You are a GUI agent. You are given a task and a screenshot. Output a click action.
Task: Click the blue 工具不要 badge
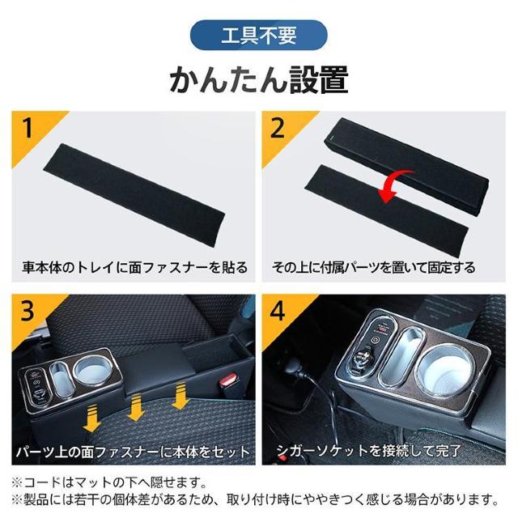click(x=259, y=35)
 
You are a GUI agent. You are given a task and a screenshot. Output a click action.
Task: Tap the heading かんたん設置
click(x=259, y=79)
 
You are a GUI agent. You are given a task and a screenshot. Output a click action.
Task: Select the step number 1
click(x=28, y=129)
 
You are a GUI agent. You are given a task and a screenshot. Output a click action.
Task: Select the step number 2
click(x=277, y=129)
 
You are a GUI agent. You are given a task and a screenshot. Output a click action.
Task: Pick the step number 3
click(x=27, y=311)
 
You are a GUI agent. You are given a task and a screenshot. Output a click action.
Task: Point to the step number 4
click(x=278, y=311)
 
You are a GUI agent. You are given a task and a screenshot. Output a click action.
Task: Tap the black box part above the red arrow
click(x=407, y=167)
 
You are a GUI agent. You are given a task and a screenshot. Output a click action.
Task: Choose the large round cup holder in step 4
click(x=445, y=371)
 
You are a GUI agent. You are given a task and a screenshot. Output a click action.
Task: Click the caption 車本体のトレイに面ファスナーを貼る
click(x=135, y=267)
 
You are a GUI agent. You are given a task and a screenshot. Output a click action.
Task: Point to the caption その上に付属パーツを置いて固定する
click(x=374, y=267)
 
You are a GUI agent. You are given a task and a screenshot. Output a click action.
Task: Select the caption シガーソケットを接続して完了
click(x=368, y=451)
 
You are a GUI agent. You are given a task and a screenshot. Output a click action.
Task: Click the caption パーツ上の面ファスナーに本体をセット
click(x=133, y=452)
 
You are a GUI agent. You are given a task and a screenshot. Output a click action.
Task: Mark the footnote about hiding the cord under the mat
click(x=108, y=482)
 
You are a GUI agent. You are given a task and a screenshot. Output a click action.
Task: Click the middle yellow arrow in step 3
click(x=136, y=408)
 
